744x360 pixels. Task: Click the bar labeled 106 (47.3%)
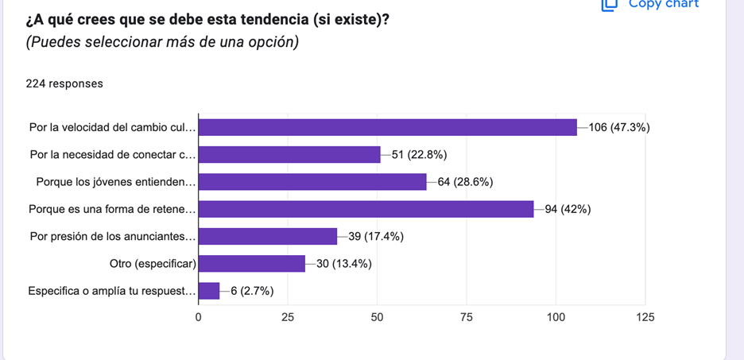tap(387, 127)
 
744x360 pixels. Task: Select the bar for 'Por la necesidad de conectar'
tap(289, 155)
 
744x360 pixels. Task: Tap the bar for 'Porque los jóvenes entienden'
tap(312, 182)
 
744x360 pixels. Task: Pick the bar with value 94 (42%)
tap(366, 209)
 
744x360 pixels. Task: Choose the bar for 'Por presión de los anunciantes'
tap(267, 236)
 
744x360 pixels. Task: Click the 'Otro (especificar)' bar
tap(251, 264)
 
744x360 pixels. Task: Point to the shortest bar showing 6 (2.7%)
tap(208, 291)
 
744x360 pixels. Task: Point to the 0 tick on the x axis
tap(198, 317)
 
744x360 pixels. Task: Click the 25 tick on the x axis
tap(287, 317)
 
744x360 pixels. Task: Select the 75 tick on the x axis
tap(467, 317)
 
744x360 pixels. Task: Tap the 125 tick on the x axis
tap(645, 317)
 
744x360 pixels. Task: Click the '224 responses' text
tap(64, 83)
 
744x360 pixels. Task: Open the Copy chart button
tap(652, 4)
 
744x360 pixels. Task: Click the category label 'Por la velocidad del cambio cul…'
tap(112, 127)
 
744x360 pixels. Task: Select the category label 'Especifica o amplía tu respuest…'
tap(111, 291)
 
